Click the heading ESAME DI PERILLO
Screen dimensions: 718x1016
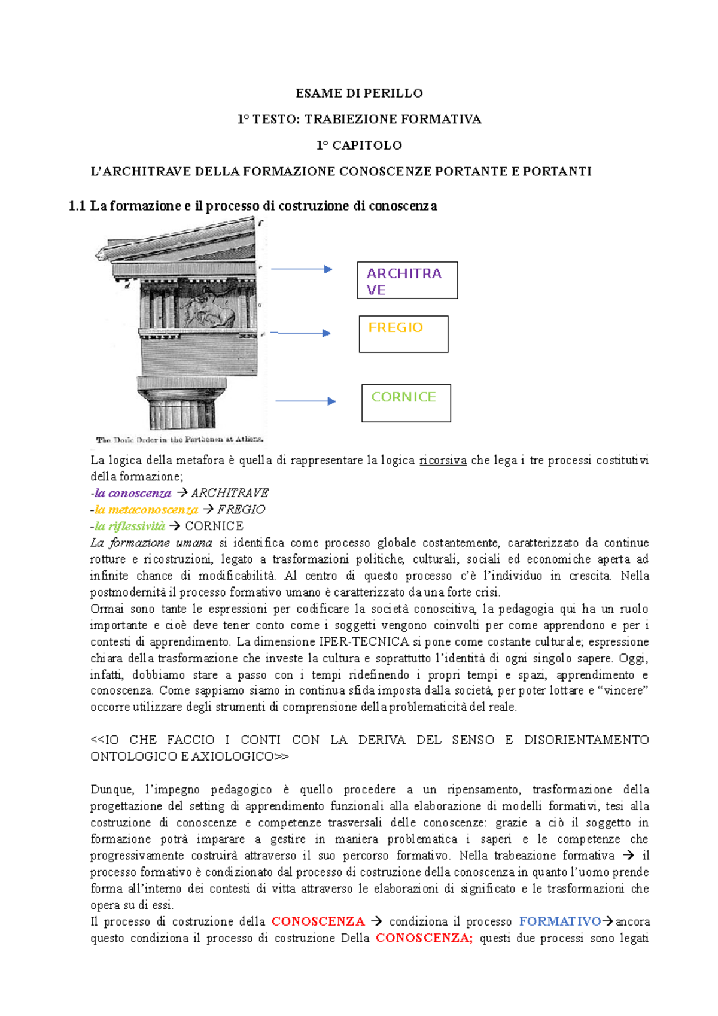[x=359, y=93]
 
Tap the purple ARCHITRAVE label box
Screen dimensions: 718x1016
[x=407, y=280]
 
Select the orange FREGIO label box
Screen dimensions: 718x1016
[x=403, y=334]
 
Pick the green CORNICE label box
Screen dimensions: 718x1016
[x=406, y=403]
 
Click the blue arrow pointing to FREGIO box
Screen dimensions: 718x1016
[x=301, y=333]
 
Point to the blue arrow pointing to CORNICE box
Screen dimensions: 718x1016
[x=305, y=401]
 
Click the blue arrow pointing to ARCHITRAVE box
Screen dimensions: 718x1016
[x=302, y=269]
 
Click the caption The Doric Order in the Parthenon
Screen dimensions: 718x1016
[x=180, y=440]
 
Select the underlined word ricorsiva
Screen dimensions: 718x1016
[x=443, y=460]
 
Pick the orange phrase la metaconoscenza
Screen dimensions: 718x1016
[x=146, y=510]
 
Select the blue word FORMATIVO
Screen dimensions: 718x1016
[x=559, y=921]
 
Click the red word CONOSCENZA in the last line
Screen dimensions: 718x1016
[x=423, y=938]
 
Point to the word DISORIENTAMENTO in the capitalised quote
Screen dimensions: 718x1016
[x=586, y=740]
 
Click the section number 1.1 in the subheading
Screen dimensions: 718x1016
[x=77, y=206]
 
